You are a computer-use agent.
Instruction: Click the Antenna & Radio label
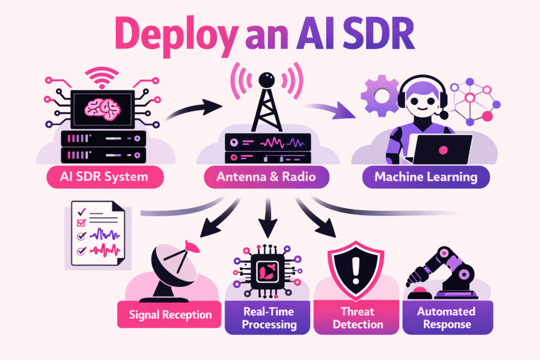pyautogui.click(x=266, y=177)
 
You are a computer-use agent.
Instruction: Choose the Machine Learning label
pyautogui.click(x=426, y=177)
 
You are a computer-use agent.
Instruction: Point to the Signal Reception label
pyautogui.click(x=170, y=315)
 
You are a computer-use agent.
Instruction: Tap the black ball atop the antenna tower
pyautogui.click(x=269, y=80)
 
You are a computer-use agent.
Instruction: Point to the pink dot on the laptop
pyautogui.click(x=443, y=151)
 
